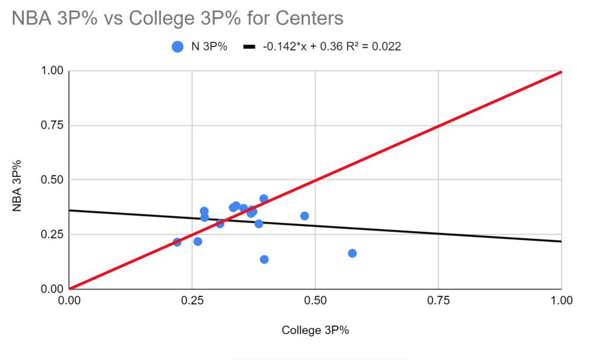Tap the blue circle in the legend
point(178,48)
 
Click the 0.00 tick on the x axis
point(69,301)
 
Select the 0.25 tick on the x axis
point(192,301)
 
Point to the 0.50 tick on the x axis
point(315,301)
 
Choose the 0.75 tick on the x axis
point(438,301)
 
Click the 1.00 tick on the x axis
point(561,301)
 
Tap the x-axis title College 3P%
point(315,330)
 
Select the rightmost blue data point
point(352,253)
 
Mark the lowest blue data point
point(264,259)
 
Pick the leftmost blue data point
point(177,242)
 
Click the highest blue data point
point(264,199)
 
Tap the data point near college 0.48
point(305,216)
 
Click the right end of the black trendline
point(561,241)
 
